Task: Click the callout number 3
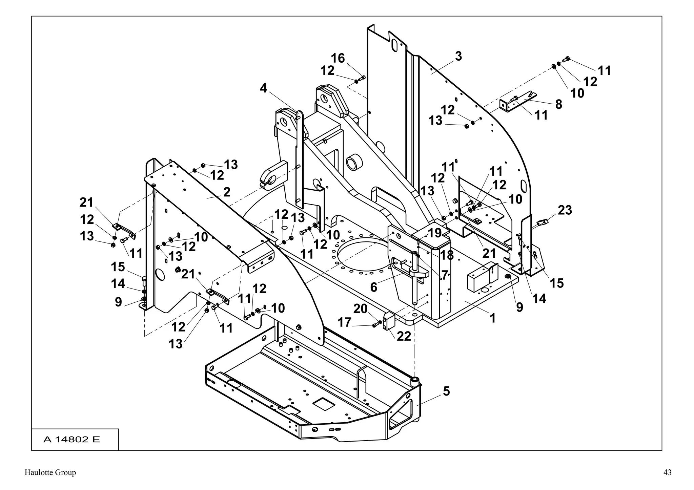pyautogui.click(x=458, y=57)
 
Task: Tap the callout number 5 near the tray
pyautogui.click(x=446, y=391)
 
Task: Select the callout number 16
pyautogui.click(x=338, y=58)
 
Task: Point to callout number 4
pyautogui.click(x=263, y=88)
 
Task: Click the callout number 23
pyautogui.click(x=565, y=210)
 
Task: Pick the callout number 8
pyautogui.click(x=558, y=104)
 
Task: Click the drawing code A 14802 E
pyautogui.click(x=72, y=440)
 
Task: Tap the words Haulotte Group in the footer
pyautogui.click(x=50, y=472)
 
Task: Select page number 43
pyautogui.click(x=667, y=472)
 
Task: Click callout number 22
pyautogui.click(x=404, y=336)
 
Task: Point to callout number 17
pyautogui.click(x=344, y=323)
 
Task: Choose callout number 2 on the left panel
pyautogui.click(x=227, y=192)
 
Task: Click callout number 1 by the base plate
pyautogui.click(x=493, y=318)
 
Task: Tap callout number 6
pyautogui.click(x=373, y=287)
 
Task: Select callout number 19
pyautogui.click(x=435, y=233)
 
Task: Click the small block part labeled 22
pyautogui.click(x=388, y=322)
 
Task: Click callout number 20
pyautogui.click(x=360, y=309)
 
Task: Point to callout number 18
pyautogui.click(x=447, y=256)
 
